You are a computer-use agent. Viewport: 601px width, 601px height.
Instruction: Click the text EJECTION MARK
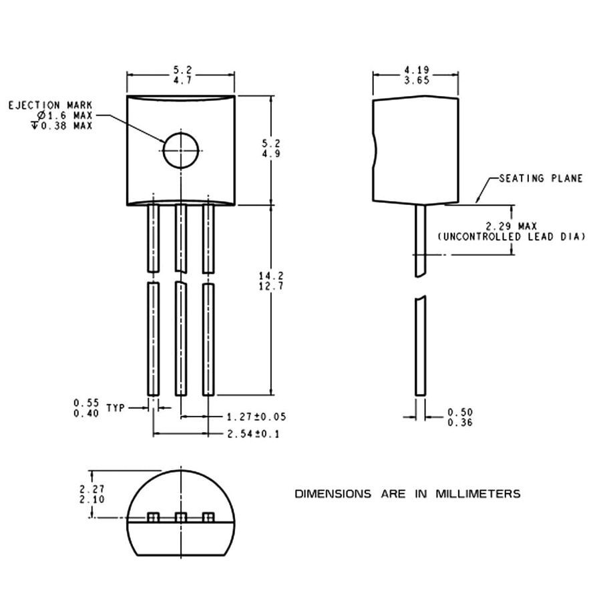tap(50, 105)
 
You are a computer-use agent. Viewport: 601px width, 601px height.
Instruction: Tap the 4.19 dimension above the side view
tap(417, 70)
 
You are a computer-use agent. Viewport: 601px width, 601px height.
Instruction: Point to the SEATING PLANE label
tap(541, 178)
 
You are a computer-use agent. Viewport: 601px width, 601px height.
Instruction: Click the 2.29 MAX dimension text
tap(512, 226)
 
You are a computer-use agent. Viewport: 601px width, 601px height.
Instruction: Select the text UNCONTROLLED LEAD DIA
tap(512, 237)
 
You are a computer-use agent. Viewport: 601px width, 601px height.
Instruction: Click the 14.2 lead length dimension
tap(271, 276)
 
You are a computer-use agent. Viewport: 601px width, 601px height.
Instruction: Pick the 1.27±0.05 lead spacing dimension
tap(256, 417)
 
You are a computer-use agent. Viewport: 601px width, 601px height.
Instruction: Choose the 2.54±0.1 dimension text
tap(253, 434)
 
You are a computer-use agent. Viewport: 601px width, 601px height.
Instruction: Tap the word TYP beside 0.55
tap(116, 408)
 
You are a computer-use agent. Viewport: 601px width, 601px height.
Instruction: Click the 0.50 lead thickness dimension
tap(460, 413)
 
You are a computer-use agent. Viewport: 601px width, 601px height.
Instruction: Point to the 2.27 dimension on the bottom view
tap(92, 489)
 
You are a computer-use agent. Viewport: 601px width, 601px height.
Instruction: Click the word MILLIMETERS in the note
tap(478, 493)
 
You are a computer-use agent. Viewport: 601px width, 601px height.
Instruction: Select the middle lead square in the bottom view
tap(181, 517)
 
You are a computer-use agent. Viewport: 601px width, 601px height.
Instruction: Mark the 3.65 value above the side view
tap(417, 81)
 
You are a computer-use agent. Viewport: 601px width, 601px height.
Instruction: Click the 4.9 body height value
tap(271, 154)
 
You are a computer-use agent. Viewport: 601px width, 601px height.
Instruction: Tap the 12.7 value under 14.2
tap(271, 286)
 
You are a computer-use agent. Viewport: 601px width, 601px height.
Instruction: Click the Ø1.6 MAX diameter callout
tap(65, 116)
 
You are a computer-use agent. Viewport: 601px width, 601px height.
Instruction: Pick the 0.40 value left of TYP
tap(86, 413)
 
